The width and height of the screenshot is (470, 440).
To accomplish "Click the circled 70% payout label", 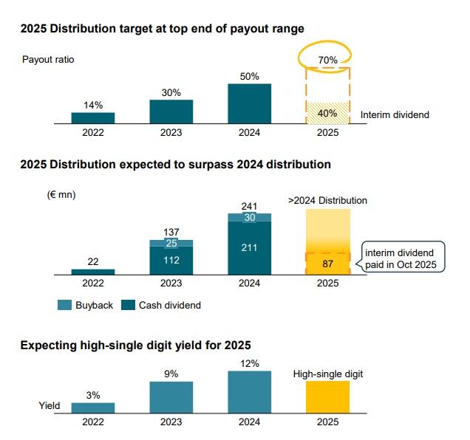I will point(327,60).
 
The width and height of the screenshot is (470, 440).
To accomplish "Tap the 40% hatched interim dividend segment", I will point(327,113).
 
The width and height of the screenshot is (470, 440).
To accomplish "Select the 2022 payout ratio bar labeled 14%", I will point(92,117).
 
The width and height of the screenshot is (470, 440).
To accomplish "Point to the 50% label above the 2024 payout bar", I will point(249,75).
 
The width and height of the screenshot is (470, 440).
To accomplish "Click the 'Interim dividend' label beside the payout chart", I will point(395,115).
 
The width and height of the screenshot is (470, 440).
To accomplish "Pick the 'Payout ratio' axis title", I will point(49,59).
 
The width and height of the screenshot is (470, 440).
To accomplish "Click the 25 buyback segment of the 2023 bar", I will point(171,243).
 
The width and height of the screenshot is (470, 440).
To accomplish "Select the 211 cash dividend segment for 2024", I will point(249,247).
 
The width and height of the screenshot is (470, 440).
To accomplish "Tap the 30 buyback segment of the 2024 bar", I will point(249,217).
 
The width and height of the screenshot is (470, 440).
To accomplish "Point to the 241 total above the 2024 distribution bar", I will point(249,206).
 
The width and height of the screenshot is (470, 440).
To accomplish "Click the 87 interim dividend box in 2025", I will point(327,264).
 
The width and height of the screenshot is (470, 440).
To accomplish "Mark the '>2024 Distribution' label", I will point(327,200).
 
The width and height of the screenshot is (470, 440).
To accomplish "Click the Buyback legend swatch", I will point(64,305).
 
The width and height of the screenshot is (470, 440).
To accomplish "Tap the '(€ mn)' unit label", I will point(62,195).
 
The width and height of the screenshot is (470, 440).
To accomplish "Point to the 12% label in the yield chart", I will point(249,363).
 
